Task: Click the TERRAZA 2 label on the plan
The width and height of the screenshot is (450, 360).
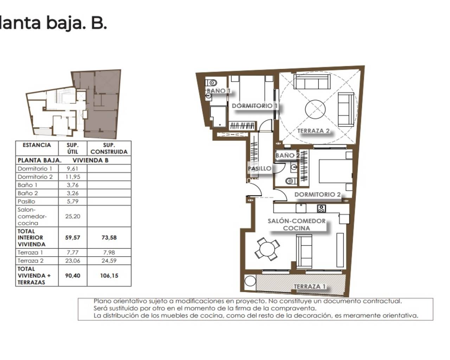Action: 313,131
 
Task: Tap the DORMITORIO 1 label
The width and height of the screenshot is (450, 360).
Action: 255,105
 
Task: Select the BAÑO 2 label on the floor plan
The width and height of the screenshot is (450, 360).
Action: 287,155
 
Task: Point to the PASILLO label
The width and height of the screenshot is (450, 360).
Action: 259,168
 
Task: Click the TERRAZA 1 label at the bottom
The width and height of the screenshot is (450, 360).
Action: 309,287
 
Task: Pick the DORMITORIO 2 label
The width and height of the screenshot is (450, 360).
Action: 317,194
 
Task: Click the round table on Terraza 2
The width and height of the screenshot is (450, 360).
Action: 318,109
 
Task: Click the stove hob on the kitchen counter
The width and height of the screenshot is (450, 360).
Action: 321,208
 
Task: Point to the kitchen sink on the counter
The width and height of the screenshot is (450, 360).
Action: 301,208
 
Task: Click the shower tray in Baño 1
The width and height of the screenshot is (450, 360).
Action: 218,116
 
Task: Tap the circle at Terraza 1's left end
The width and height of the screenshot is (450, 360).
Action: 251,281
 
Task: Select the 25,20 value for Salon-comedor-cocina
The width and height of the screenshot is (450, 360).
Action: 72,216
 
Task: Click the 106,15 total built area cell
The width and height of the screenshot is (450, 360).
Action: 109,276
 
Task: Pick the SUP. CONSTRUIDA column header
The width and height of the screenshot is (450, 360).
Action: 109,148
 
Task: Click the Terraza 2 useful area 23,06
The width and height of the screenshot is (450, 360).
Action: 72,261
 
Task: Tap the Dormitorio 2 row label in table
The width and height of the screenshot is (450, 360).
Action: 35,176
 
